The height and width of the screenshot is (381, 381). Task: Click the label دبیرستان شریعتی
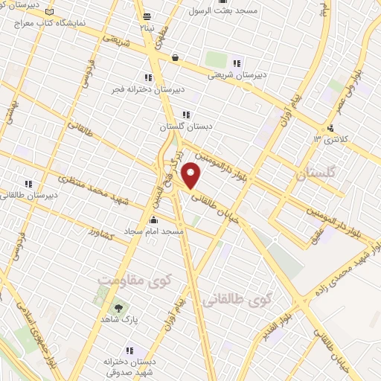click(x=235, y=74)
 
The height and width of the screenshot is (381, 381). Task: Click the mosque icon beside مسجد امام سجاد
click(x=153, y=220)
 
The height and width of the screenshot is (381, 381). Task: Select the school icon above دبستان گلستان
click(x=186, y=115)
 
